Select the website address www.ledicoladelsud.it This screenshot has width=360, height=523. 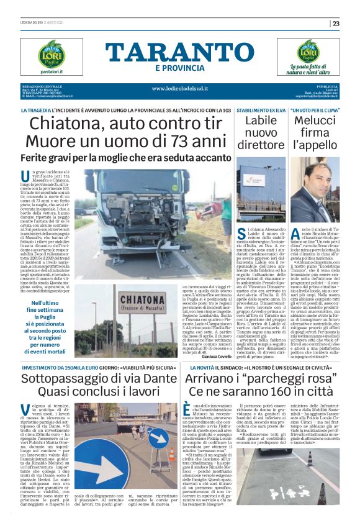pyautogui.click(x=179, y=88)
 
